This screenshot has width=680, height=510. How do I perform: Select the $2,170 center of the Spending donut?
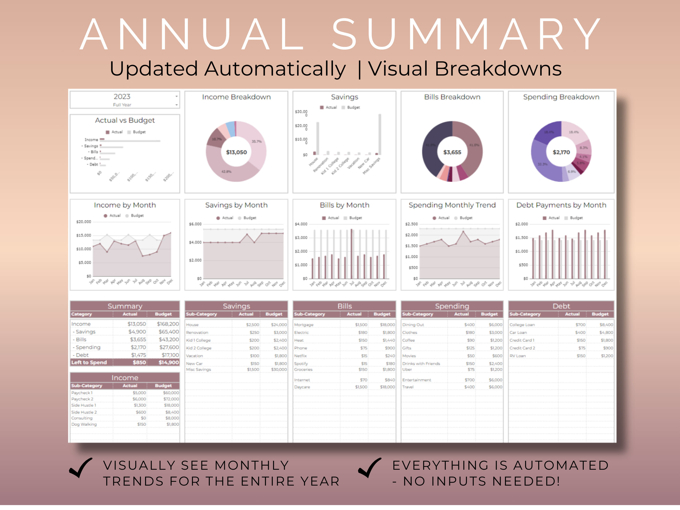[561, 152]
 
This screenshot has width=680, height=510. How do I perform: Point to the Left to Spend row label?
[89, 362]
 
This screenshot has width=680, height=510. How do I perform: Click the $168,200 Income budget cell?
[167, 324]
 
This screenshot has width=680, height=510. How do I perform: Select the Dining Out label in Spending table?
[413, 325]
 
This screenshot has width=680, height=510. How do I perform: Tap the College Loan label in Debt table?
[522, 325]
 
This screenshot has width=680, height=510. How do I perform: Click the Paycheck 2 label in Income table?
[82, 399]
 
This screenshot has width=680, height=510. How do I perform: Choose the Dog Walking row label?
[84, 424]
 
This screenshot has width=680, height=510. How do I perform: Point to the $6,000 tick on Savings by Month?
[195, 224]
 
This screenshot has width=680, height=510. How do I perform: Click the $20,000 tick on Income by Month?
[84, 222]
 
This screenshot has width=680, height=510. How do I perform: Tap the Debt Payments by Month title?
[561, 205]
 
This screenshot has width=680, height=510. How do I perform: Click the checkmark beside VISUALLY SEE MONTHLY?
[81, 468]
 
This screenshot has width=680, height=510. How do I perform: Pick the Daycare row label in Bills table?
[302, 387]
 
